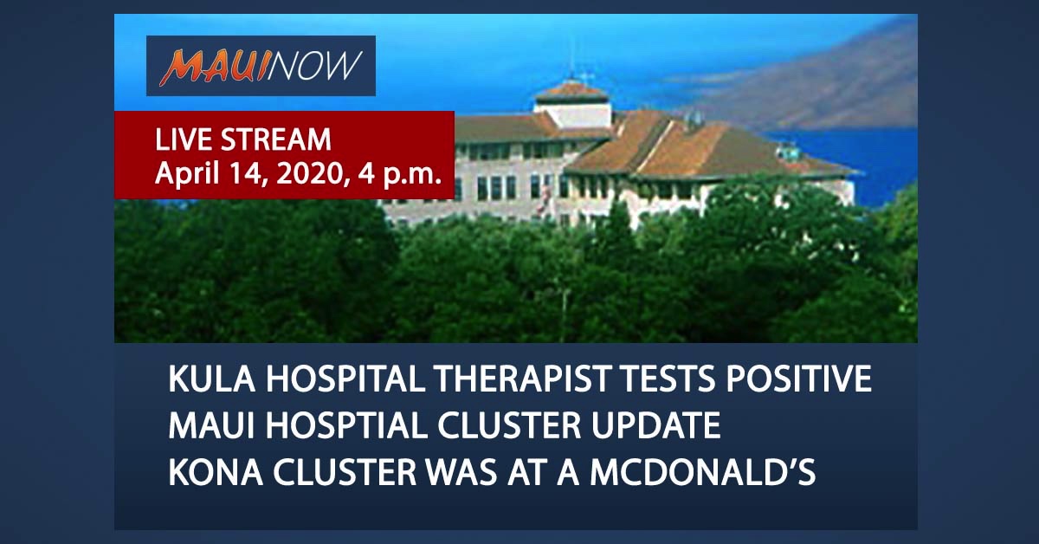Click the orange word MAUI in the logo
coord(213,68)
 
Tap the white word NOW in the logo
coord(313,65)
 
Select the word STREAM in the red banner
coord(276,139)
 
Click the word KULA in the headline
coord(211,379)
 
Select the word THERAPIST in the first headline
coord(521,379)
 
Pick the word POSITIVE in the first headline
coord(798,379)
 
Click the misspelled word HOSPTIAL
coord(346,425)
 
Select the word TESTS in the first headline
coord(668,379)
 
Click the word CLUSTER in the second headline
coord(509,425)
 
